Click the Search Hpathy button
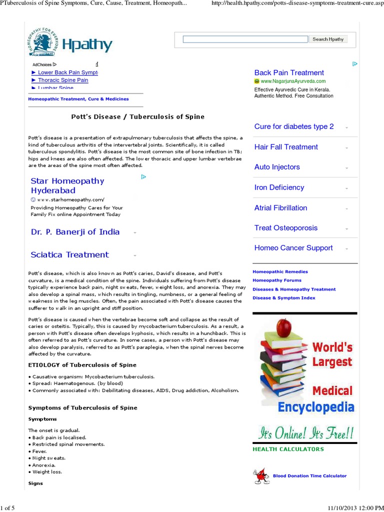point(328,39)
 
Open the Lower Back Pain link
point(67,72)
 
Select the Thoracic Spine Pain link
point(63,80)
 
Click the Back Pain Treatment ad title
point(289,72)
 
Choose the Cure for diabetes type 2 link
point(294,126)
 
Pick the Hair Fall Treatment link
point(286,147)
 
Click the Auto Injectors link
point(277,167)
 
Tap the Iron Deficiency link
point(279,187)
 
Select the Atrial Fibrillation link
point(280,207)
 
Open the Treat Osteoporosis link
point(285,227)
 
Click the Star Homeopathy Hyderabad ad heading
point(67,185)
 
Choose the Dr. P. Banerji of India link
point(75,232)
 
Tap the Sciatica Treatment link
point(69,254)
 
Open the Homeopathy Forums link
point(277,280)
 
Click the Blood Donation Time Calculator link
point(309,476)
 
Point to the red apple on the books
point(283,327)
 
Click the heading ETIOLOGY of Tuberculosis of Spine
point(82,365)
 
